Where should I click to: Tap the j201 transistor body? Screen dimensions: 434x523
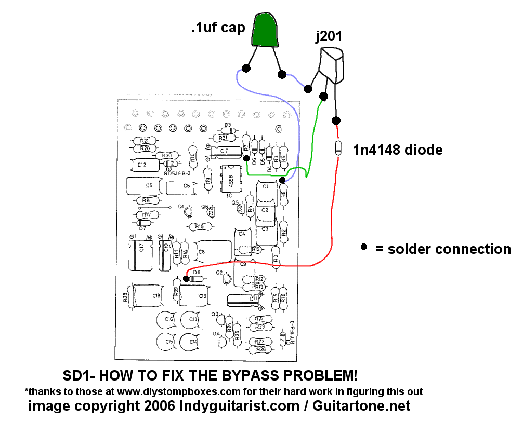coord(332,65)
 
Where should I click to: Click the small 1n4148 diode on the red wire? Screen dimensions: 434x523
coord(338,148)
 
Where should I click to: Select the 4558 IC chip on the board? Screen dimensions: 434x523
coord(229,179)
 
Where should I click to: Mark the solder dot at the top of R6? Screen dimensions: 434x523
coord(282,180)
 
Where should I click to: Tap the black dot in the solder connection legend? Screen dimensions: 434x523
coord(364,247)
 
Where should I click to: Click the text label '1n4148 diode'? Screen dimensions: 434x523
coord(398,151)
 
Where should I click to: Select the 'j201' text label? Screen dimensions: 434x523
coord(329,37)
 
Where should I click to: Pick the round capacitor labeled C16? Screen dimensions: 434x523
coord(168,320)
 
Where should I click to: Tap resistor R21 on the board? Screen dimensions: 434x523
coord(144,141)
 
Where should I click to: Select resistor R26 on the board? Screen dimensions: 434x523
coord(261,349)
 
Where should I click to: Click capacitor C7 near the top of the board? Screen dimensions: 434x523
coord(223,151)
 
